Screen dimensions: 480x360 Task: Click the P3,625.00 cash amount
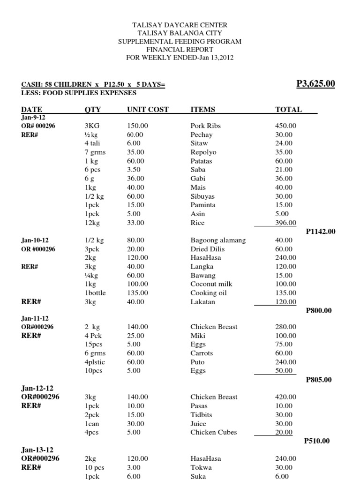316,84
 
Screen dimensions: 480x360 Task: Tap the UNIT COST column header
148,110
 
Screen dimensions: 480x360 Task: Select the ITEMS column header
202,110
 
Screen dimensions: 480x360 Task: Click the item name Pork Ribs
205,126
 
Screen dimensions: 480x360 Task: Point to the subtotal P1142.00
321,231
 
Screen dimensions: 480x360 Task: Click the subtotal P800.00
319,310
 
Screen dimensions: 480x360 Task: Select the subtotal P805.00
319,380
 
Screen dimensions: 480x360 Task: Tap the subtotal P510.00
317,441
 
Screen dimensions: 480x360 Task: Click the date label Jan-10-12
36,240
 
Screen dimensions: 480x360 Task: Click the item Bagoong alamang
218,240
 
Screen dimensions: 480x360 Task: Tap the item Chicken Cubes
213,432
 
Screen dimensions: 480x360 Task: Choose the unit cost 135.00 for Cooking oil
137,293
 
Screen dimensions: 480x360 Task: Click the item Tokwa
201,467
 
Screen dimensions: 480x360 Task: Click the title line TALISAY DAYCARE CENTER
180,25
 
